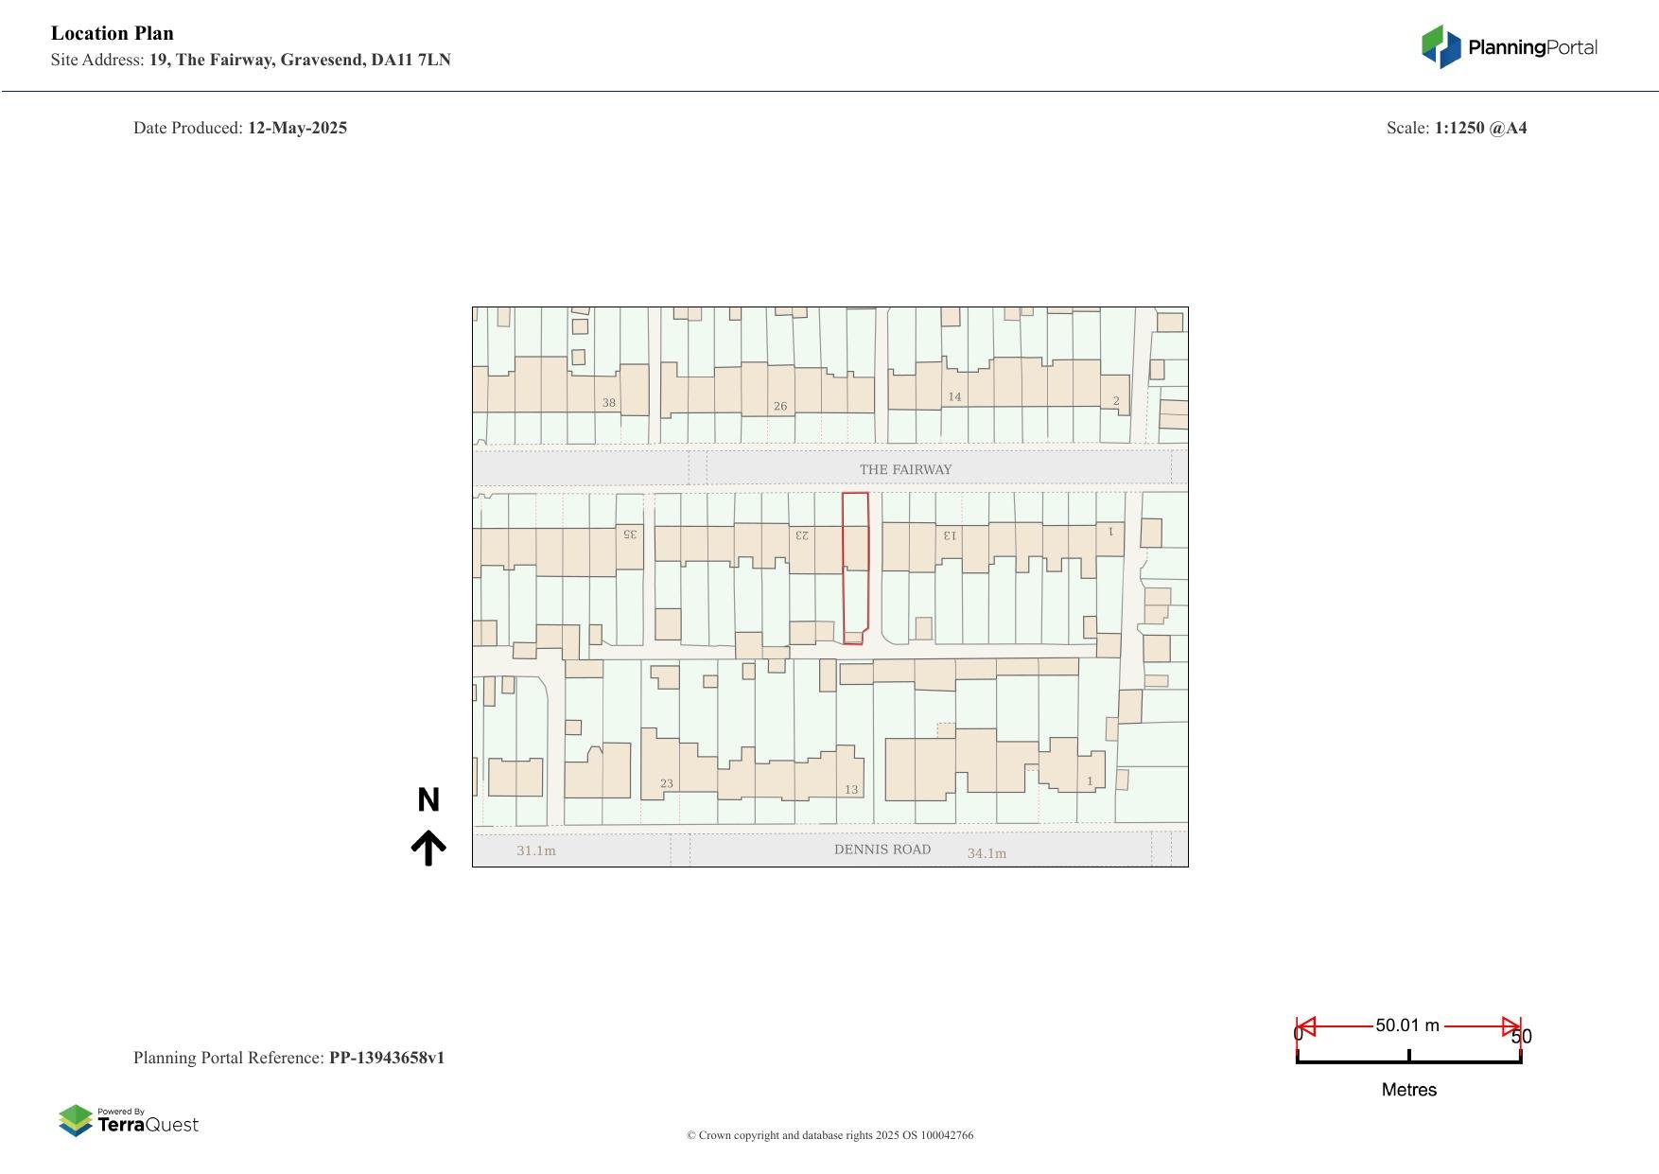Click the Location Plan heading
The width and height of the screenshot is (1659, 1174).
(x=113, y=34)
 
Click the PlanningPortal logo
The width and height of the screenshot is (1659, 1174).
(x=1510, y=47)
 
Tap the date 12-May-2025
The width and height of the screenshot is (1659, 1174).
(x=297, y=128)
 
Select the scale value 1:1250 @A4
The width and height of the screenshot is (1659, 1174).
(x=1480, y=128)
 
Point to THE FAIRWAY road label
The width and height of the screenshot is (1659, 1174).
(x=905, y=469)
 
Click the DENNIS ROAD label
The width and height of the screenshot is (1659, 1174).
(x=882, y=850)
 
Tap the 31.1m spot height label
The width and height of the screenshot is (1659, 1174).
(x=536, y=850)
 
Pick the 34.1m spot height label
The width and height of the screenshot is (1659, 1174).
(x=987, y=853)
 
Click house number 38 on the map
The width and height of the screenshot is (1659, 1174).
(x=609, y=403)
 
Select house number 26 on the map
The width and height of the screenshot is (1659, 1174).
(x=780, y=407)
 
